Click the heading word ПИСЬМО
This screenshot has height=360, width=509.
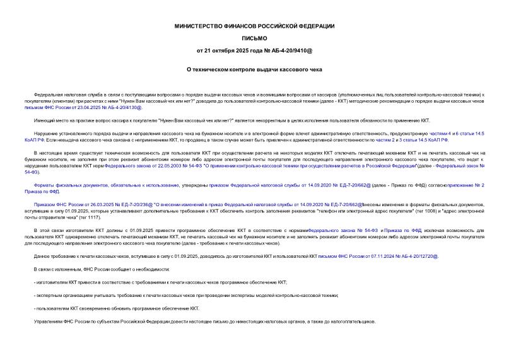pyautogui.click(x=254, y=38)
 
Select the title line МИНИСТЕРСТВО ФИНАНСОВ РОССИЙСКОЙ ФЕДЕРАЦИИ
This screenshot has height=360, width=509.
pyautogui.click(x=254, y=26)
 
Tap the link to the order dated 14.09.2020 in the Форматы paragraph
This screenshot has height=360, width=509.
pyautogui.click(x=278, y=187)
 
